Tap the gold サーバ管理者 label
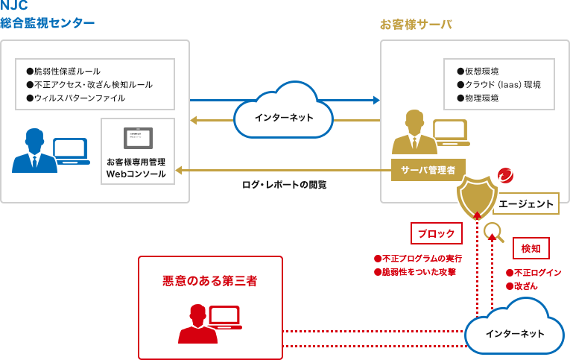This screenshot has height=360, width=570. [428, 170]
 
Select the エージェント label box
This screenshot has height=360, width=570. [525, 203]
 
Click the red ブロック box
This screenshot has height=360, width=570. [436, 233]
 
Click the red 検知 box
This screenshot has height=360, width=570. [531, 247]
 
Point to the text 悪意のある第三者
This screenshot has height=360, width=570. [210, 281]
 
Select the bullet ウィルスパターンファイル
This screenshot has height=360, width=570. [75, 98]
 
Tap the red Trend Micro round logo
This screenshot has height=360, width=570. [505, 176]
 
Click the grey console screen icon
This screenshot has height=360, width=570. [138, 138]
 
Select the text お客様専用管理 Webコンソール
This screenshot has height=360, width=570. [136, 168]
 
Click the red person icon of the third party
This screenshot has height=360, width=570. [197, 324]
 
